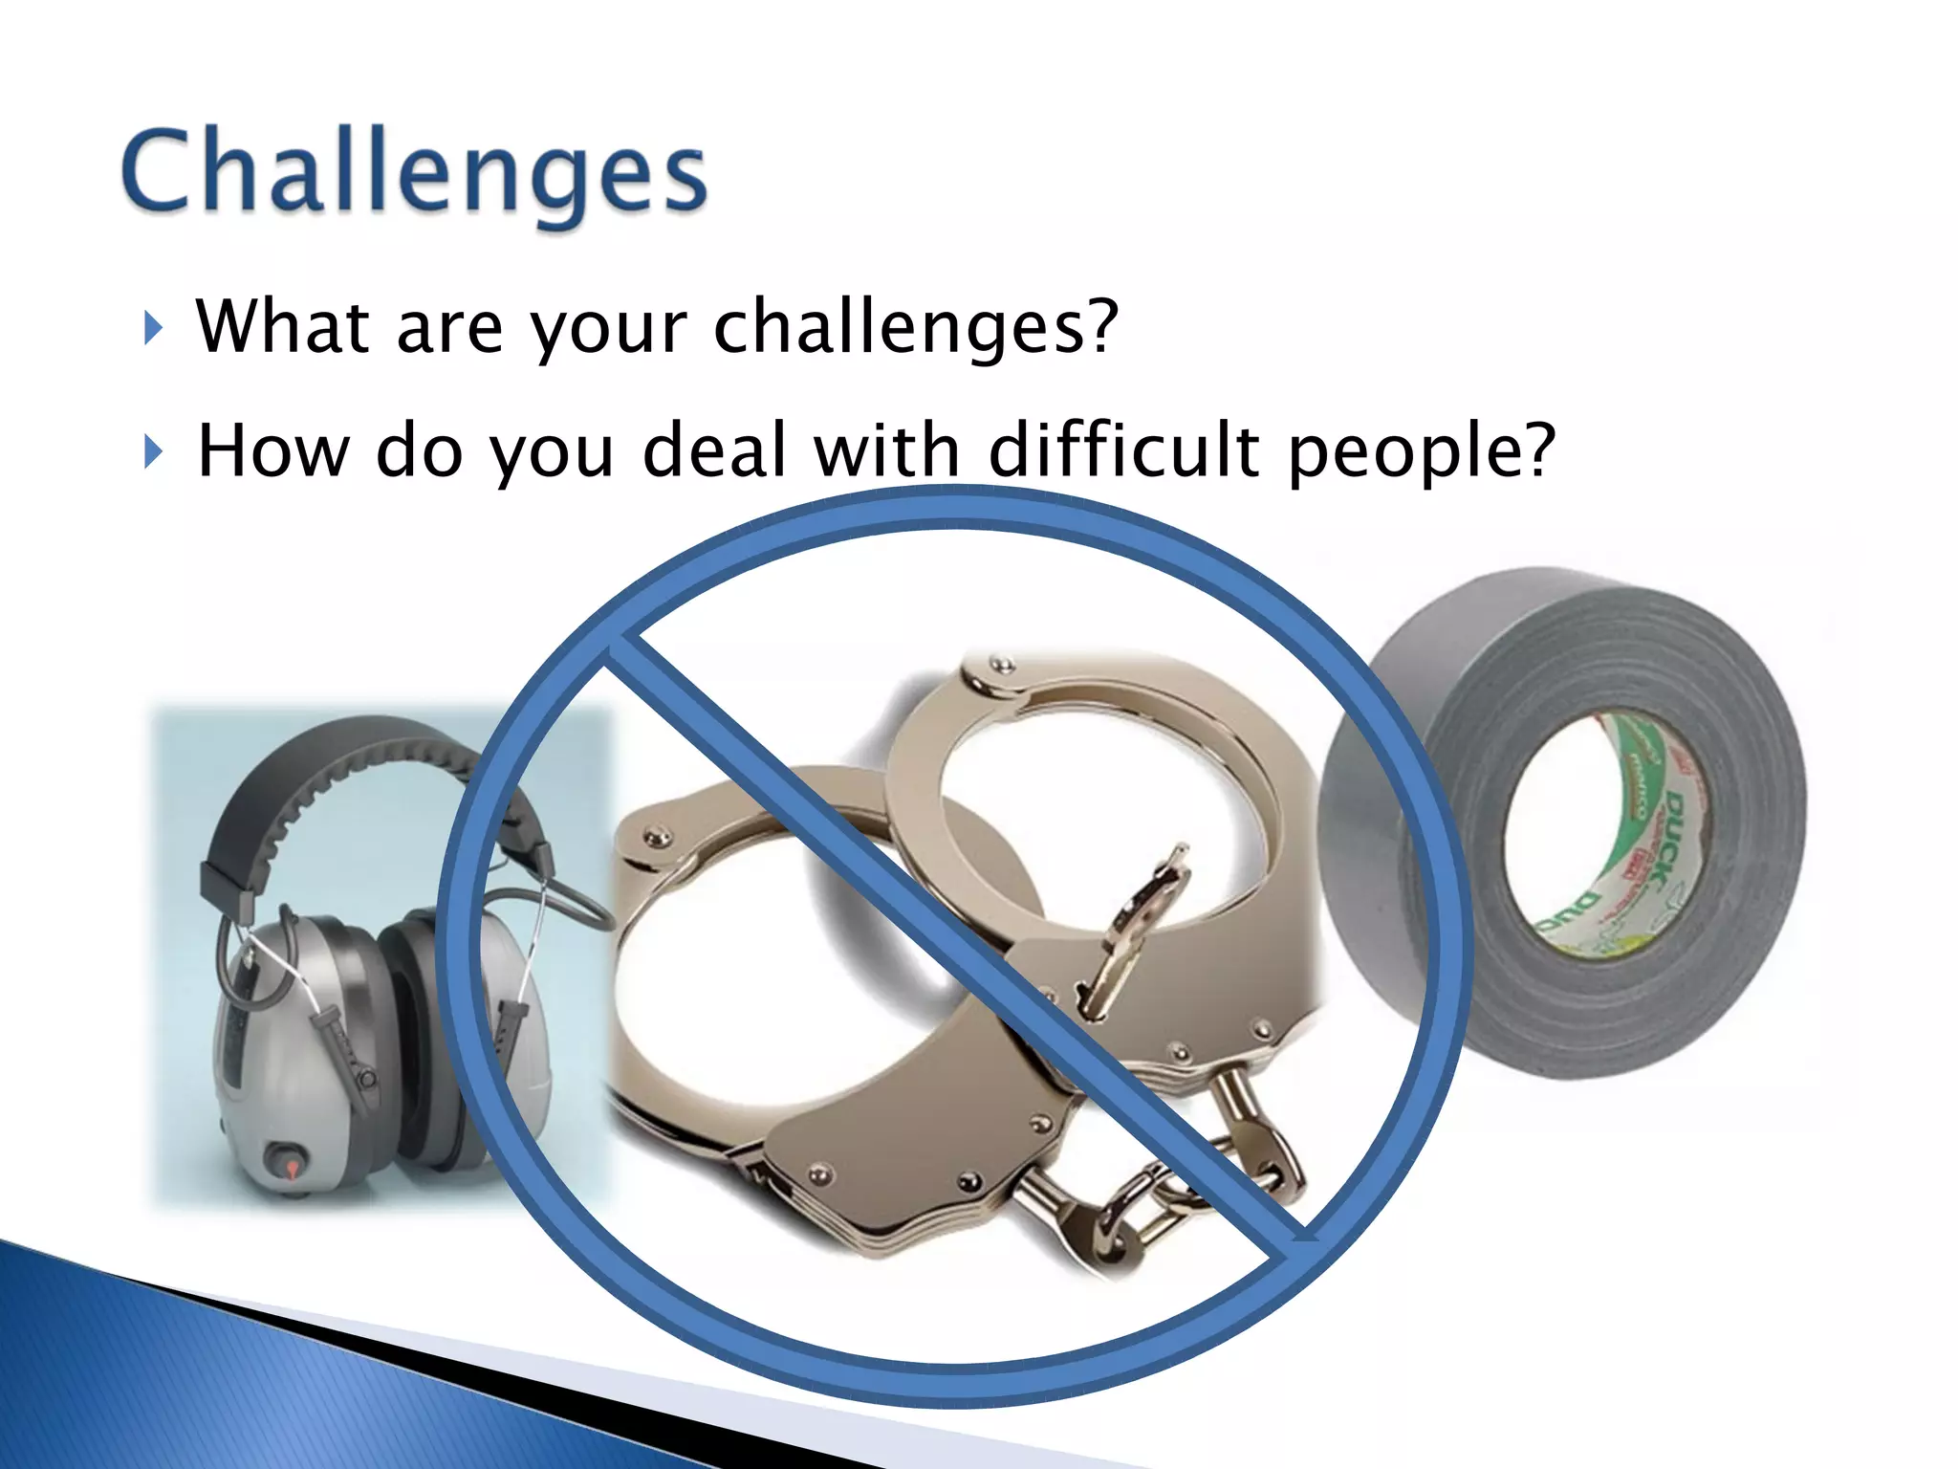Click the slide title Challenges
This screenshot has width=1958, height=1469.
click(413, 172)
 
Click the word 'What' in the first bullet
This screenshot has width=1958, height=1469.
click(282, 327)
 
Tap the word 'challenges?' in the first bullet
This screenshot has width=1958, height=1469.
click(916, 327)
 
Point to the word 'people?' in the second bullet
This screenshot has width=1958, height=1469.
click(1422, 451)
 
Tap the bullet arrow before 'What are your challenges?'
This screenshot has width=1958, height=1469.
click(152, 328)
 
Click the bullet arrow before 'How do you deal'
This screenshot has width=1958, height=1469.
click(152, 451)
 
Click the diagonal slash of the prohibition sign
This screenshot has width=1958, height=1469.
click(956, 942)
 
